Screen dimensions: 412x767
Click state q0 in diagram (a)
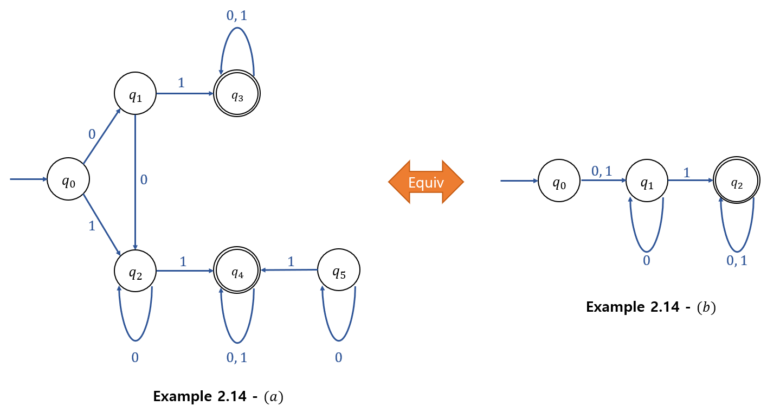pyautogui.click(x=68, y=179)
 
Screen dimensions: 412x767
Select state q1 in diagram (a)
pyautogui.click(x=135, y=94)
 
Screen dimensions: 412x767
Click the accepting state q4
pyautogui.click(x=237, y=270)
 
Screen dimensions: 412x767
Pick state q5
pyautogui.click(x=338, y=270)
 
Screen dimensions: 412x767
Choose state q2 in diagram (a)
pyautogui.click(x=135, y=270)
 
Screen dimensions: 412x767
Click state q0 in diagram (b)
pyautogui.click(x=559, y=182)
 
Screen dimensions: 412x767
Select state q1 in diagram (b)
pyautogui.click(x=647, y=182)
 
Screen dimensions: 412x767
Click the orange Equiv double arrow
pyautogui.click(x=426, y=182)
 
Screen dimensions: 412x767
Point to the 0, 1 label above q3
pyautogui.click(x=237, y=15)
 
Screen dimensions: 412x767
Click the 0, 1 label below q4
pyautogui.click(x=237, y=358)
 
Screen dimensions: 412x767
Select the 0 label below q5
pyautogui.click(x=339, y=358)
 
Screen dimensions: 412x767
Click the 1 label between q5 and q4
pyautogui.click(x=291, y=261)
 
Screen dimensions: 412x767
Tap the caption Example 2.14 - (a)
pyautogui.click(x=218, y=396)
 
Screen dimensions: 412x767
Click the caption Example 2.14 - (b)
pyautogui.click(x=651, y=307)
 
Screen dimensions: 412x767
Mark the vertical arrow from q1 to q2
pyautogui.click(x=135, y=179)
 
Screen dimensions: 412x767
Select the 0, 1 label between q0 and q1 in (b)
pyautogui.click(x=602, y=171)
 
